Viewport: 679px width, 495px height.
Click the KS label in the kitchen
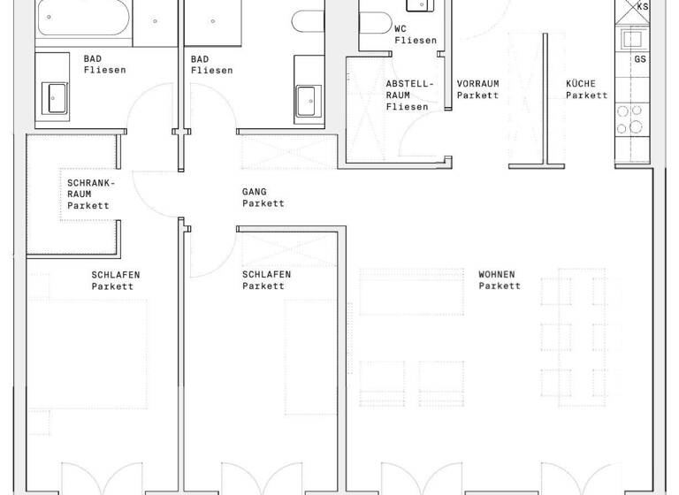[x=642, y=7]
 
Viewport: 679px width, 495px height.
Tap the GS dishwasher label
[x=641, y=59]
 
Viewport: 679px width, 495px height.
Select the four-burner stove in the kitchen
[x=634, y=119]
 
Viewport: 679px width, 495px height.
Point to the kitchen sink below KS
[x=633, y=39]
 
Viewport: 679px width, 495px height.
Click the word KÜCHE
[x=583, y=84]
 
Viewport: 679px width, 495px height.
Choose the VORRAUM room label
[x=477, y=84]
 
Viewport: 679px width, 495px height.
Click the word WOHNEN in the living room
[x=496, y=274]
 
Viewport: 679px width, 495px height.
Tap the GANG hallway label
[x=254, y=191]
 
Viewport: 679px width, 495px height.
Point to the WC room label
[x=401, y=28]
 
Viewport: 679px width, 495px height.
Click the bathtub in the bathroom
[x=84, y=21]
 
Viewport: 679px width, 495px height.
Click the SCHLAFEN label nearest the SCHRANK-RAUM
[x=115, y=274]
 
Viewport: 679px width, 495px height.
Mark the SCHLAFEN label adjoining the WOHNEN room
[x=266, y=274]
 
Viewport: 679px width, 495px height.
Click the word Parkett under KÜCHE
[x=587, y=95]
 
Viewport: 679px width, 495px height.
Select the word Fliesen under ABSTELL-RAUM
[x=407, y=107]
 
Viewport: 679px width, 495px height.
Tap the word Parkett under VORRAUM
[x=477, y=95]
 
